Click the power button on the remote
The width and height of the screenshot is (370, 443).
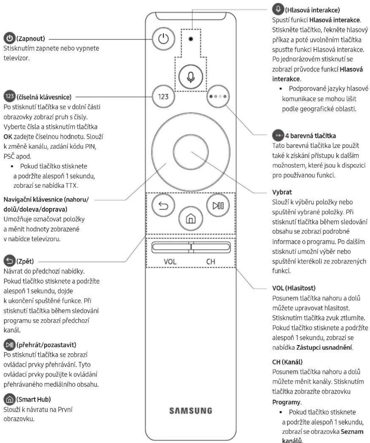tap(163, 39)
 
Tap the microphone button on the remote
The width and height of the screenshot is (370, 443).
tap(191, 77)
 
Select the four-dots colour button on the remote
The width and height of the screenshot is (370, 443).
tap(218, 96)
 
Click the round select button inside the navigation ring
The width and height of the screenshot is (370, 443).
tap(191, 152)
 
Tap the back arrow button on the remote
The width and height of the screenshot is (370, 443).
tap(163, 205)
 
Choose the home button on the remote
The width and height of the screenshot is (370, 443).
tap(191, 219)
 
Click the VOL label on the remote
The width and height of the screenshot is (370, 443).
tap(170, 262)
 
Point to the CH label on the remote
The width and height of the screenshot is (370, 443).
tap(210, 262)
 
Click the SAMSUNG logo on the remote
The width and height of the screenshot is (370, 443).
tap(191, 411)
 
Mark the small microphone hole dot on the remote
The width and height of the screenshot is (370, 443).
tap(191, 39)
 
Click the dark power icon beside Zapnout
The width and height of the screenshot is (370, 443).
tap(9, 38)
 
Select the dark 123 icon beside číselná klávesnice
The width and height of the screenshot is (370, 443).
tap(9, 96)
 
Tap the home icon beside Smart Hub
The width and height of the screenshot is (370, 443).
tap(9, 399)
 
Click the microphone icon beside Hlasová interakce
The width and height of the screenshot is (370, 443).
tap(278, 9)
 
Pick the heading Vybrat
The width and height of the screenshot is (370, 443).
tap(282, 192)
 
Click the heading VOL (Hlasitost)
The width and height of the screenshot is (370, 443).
tap(294, 288)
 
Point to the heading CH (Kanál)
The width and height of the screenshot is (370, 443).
tap(287, 362)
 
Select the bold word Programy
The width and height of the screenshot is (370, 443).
tap(286, 402)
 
